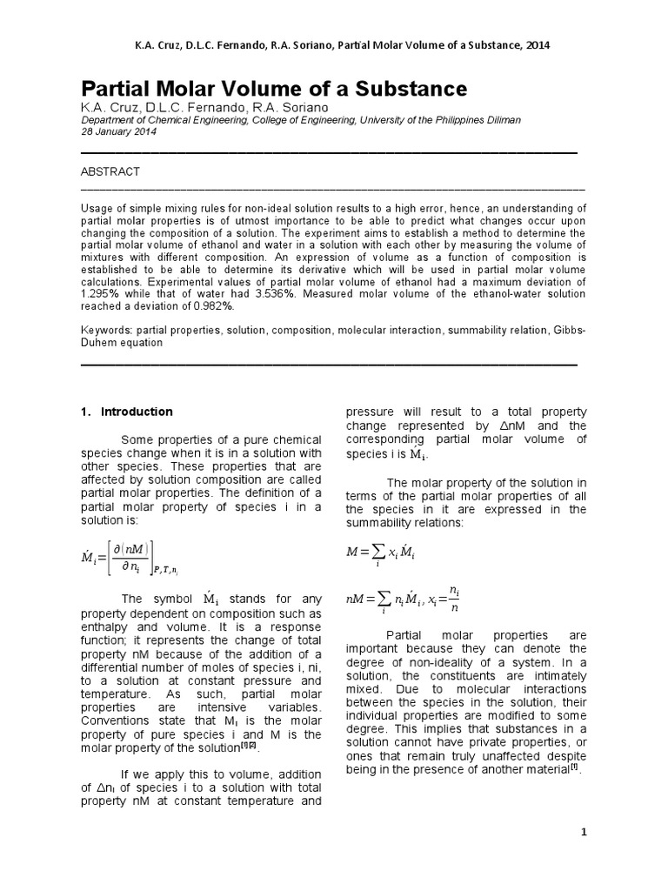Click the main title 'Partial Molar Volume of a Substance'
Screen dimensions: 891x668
[274, 89]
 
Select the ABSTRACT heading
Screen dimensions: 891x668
[110, 172]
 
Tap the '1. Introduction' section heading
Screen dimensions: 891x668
[129, 412]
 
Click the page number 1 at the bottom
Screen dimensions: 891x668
[584, 833]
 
